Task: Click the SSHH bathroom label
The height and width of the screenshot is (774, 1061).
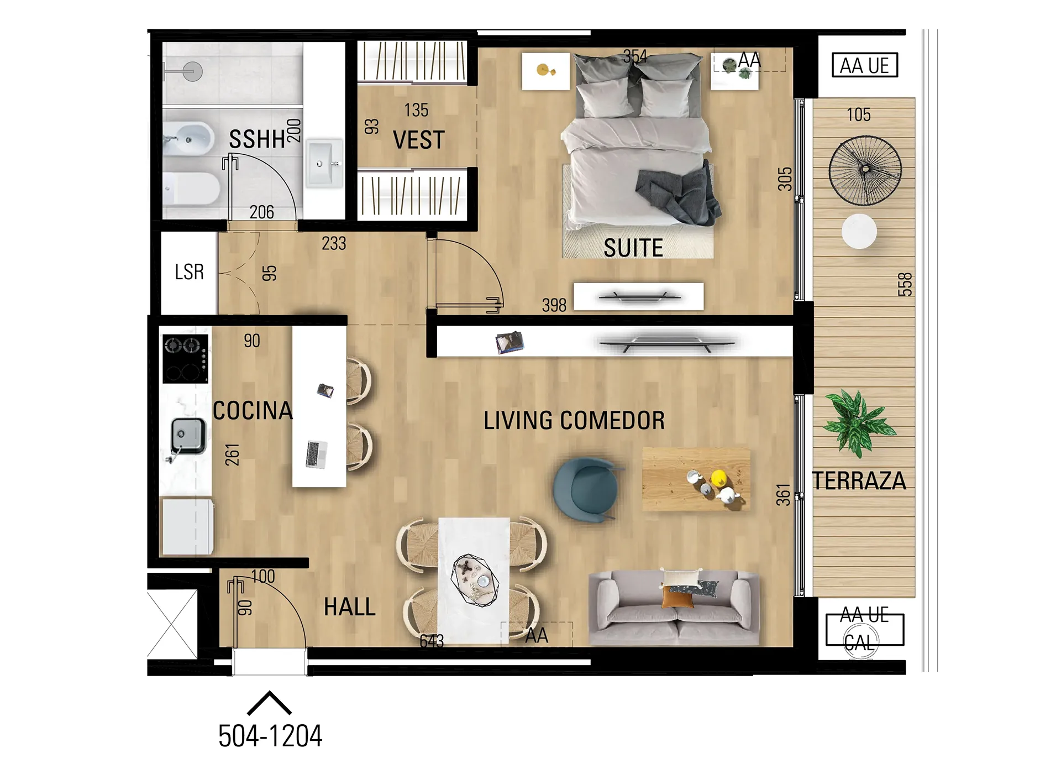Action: [x=257, y=139]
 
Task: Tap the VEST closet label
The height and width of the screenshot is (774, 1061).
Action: [x=419, y=140]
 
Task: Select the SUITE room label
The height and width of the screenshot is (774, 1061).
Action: [x=633, y=248]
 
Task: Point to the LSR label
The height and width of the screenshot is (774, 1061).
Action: [x=190, y=272]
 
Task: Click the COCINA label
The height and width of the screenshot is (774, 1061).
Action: [x=253, y=411]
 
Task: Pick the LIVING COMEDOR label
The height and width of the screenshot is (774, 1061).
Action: [x=574, y=421]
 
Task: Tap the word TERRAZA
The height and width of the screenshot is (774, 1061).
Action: [x=859, y=481]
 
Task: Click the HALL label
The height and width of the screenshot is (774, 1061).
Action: [x=350, y=607]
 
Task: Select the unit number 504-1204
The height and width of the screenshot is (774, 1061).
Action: [x=270, y=736]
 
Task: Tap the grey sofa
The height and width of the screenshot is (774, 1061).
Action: [x=674, y=608]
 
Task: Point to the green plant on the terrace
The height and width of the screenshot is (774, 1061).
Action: [x=858, y=423]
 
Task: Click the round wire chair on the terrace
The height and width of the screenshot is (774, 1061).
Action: [x=865, y=171]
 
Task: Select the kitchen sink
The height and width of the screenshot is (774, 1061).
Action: [x=188, y=436]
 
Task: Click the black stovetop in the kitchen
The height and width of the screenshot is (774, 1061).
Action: [x=186, y=359]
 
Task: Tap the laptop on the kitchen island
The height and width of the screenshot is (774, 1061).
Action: [x=317, y=454]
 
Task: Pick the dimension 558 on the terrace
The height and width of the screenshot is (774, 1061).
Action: [x=905, y=285]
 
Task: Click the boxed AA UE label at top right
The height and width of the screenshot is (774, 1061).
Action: [x=865, y=65]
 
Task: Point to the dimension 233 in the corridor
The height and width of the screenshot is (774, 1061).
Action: [x=334, y=243]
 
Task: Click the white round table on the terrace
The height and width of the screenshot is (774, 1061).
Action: [x=859, y=231]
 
